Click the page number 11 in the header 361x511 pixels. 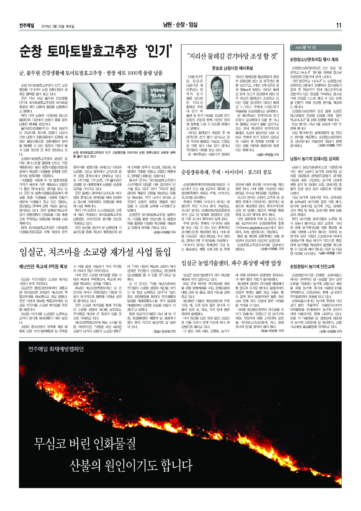coord(339,25)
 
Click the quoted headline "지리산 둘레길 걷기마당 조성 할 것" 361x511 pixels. coord(232,56)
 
